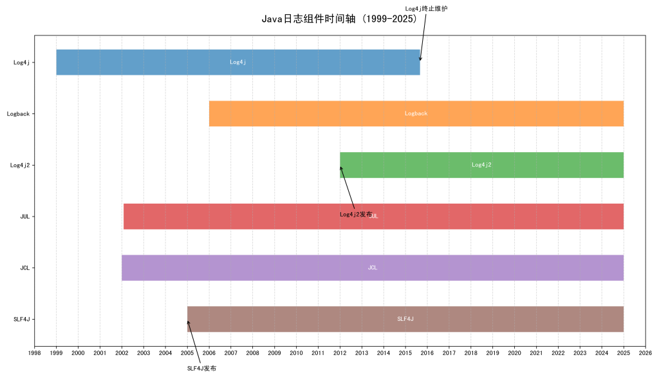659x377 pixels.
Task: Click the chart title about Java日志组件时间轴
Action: [x=339, y=19]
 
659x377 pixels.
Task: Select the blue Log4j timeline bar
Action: [x=161, y=62]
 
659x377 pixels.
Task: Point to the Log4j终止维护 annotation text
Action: [x=426, y=8]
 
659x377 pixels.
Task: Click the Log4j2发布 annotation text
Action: [x=355, y=215]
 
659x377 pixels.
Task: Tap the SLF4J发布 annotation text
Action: [x=201, y=368]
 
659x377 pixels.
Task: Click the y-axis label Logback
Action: [x=21, y=113]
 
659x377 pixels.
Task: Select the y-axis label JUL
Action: [x=26, y=217]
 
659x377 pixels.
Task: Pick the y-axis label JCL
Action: [x=26, y=267]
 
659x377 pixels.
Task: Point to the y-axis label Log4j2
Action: [x=23, y=165]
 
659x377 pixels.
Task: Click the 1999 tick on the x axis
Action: [x=56, y=353]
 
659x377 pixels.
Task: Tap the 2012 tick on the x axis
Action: [x=340, y=353]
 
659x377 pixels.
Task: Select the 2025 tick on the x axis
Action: [x=624, y=353]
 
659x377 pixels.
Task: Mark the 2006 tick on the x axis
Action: [x=209, y=353]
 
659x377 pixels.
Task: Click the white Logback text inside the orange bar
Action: [x=416, y=113]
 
